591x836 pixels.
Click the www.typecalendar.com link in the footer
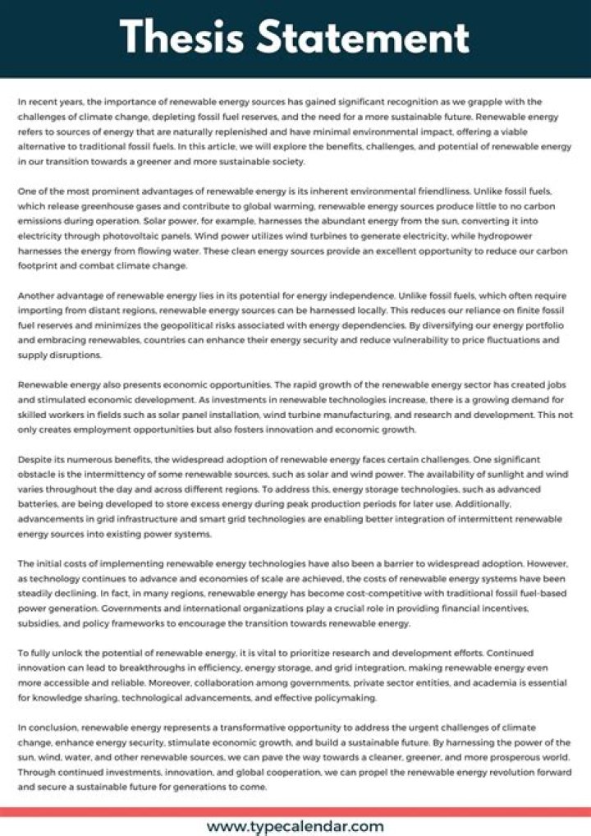(x=295, y=825)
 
